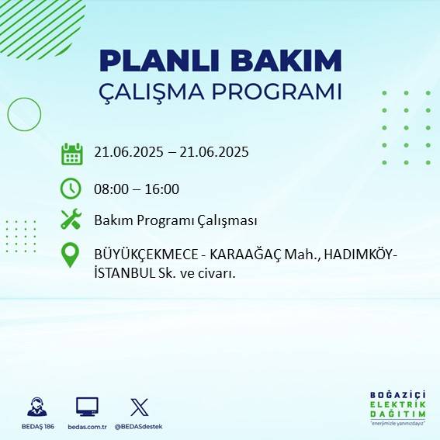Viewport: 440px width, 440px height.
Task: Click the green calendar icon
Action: [x=71, y=153]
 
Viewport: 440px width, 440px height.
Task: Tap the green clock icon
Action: [x=71, y=189]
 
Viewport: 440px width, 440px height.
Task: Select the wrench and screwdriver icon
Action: [x=71, y=220]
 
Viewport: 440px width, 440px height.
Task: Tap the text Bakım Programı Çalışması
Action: [x=175, y=220]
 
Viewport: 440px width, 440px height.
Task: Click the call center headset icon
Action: [x=36, y=407]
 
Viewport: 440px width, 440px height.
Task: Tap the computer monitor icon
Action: [x=87, y=406]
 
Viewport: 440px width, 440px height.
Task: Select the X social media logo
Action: [x=139, y=406]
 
